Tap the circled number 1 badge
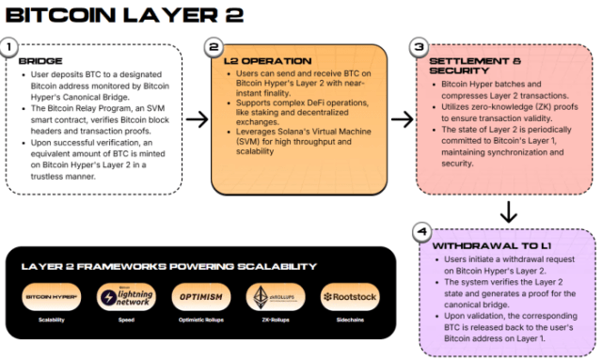coord(10,46)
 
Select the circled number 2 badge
coord(214,46)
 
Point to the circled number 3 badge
coord(420,46)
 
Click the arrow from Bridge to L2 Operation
coord(198,119)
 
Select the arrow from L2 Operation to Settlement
coord(402,119)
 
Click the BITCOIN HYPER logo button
coord(53,297)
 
